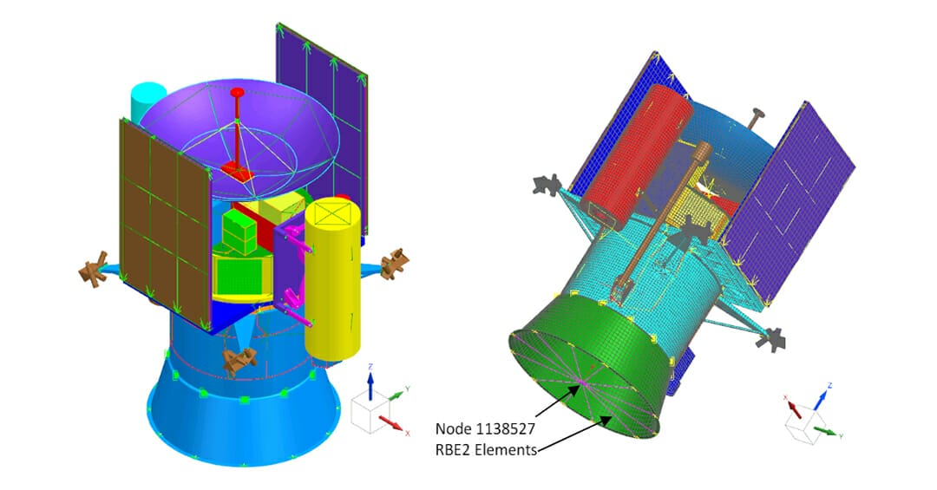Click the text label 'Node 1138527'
[486, 428]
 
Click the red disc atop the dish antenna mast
[237, 92]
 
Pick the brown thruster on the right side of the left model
[395, 263]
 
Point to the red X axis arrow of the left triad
[391, 423]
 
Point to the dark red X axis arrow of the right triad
[793, 405]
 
